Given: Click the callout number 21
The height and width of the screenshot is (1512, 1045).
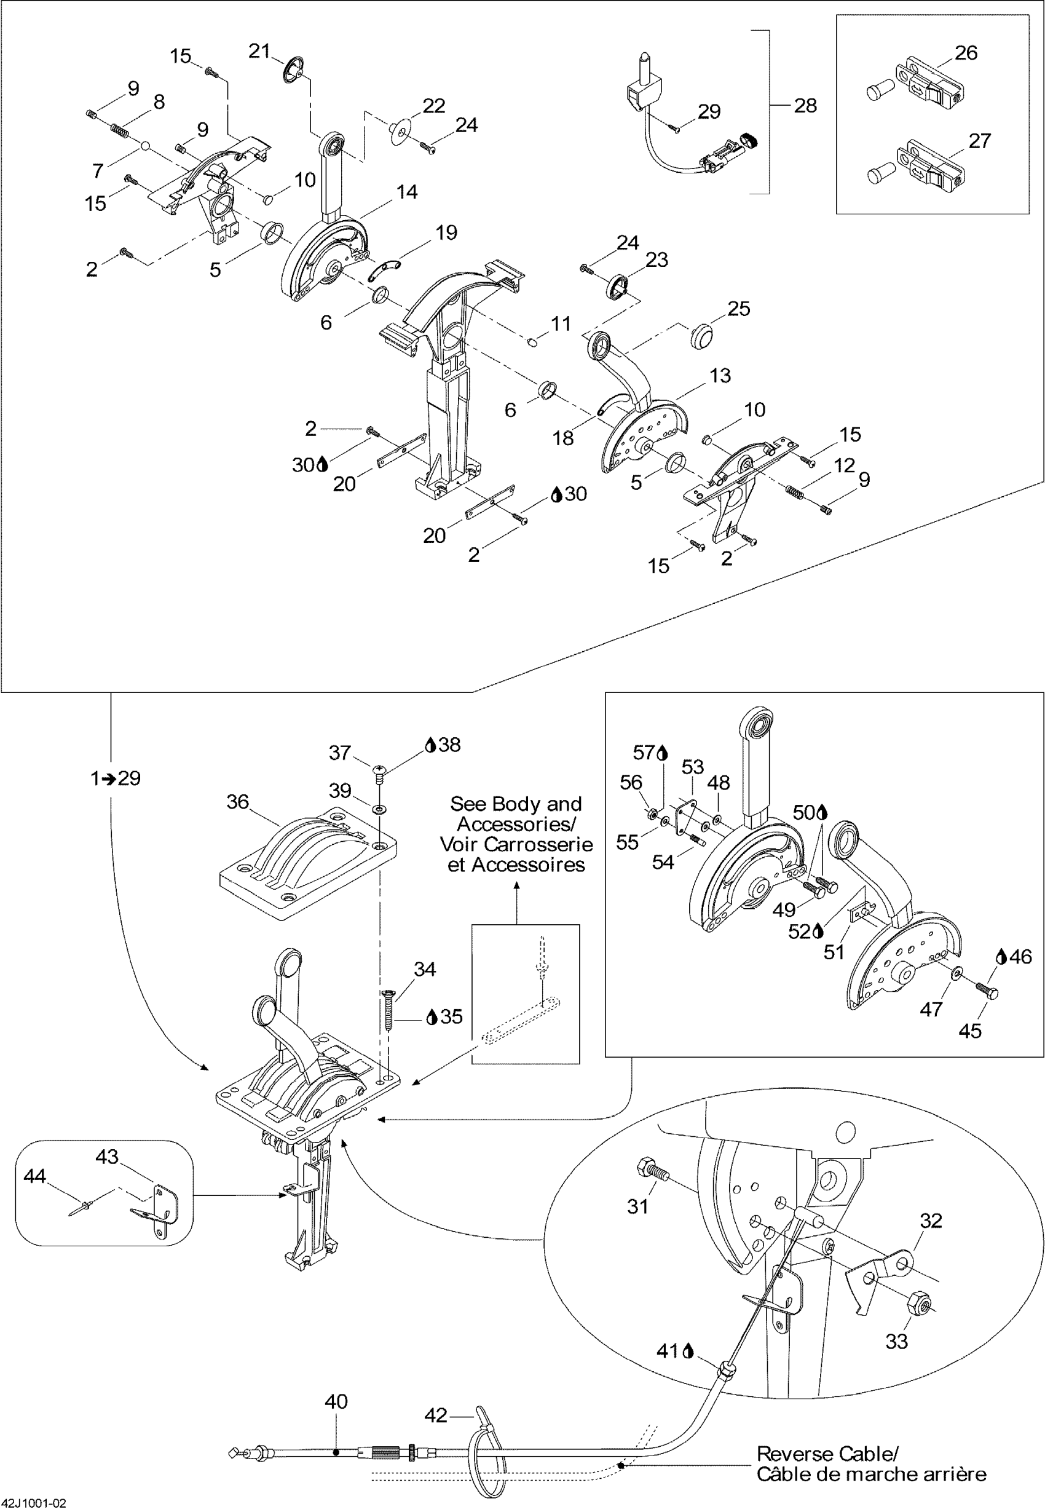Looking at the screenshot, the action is (x=259, y=50).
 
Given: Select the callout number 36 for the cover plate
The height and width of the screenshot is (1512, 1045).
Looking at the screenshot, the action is (x=238, y=802).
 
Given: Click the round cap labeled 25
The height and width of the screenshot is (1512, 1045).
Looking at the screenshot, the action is (x=703, y=335).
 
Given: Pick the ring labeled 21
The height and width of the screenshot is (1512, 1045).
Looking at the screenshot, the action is (x=294, y=69).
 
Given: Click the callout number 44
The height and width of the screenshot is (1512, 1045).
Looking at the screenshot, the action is (x=34, y=1177).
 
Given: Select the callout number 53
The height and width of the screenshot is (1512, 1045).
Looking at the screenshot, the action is (x=693, y=767).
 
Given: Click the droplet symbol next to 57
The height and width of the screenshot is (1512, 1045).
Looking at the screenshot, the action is (x=662, y=753).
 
